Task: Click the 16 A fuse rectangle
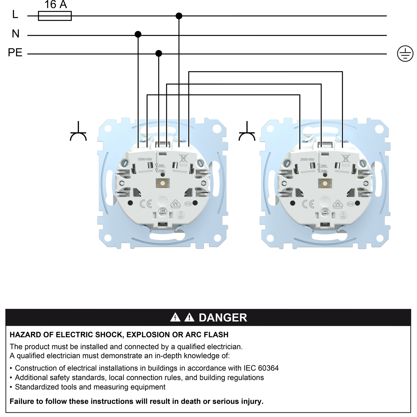click(x=55, y=16)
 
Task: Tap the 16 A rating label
click(x=56, y=5)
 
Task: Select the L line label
click(x=15, y=14)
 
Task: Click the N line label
click(x=16, y=34)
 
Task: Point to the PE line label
click(x=15, y=53)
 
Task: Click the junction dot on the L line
click(x=179, y=16)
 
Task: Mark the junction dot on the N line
click(x=138, y=34)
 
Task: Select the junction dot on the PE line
click(x=158, y=53)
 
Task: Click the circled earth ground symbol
click(x=405, y=54)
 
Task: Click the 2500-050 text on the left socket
click(x=145, y=159)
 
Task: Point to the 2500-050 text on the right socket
click(x=307, y=160)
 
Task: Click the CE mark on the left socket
click(x=146, y=204)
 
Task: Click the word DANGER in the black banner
click(x=223, y=318)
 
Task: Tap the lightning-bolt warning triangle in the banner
click(x=175, y=317)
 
